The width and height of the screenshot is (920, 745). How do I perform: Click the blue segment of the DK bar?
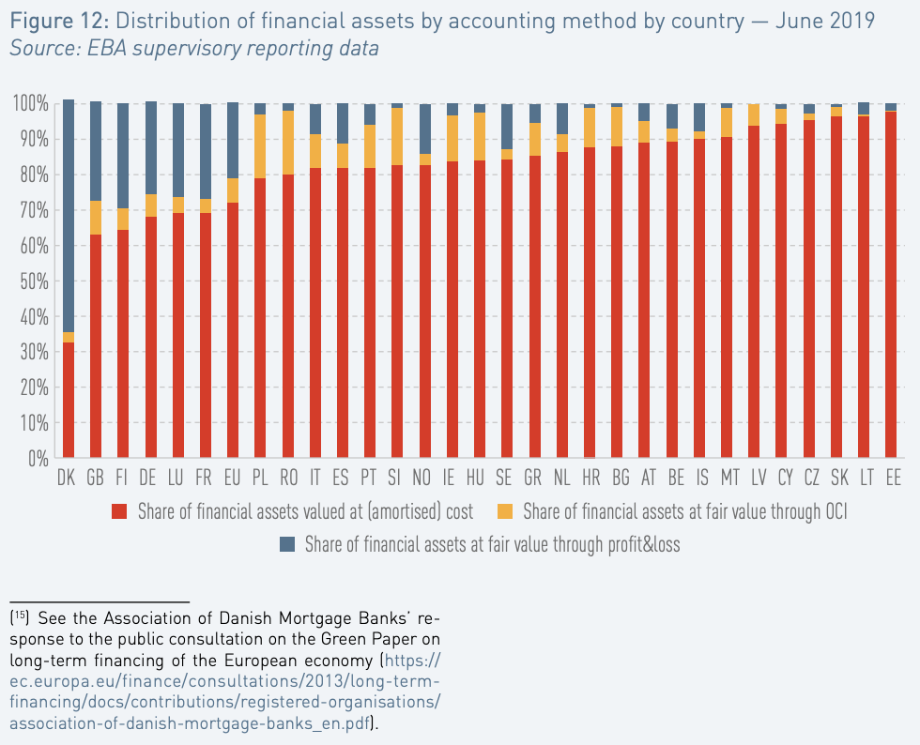pos(68,216)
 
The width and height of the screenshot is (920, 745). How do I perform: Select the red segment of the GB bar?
pos(96,346)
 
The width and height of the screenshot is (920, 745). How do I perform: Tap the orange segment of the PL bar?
pos(260,146)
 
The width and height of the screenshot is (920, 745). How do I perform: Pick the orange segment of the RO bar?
pos(288,143)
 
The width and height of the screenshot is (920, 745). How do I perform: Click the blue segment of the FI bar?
pos(123,156)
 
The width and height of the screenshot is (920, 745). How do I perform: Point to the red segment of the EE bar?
pos(891,284)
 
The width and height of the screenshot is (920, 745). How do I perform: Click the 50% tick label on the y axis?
pos(35,281)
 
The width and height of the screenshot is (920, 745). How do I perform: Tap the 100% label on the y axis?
pos(30,104)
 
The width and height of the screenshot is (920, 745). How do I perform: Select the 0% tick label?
pos(38,459)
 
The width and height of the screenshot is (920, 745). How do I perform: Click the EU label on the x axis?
pos(233,479)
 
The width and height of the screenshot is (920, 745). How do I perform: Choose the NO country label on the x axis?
pos(422,479)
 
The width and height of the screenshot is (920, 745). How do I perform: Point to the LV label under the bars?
pos(759,479)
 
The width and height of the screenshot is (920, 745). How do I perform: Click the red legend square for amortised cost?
pos(120,511)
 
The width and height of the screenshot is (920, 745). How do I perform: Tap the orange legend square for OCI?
pos(505,511)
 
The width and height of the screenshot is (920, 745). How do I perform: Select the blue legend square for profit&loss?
pos(287,544)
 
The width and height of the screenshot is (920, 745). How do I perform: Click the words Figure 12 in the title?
pos(59,22)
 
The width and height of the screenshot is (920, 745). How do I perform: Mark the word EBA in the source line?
pos(109,48)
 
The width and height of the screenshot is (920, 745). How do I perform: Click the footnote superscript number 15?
pos(20,616)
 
